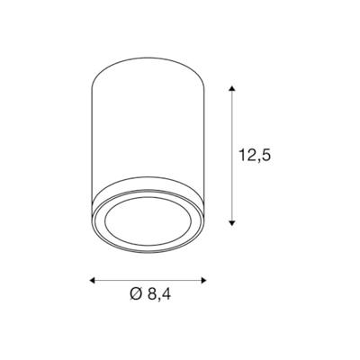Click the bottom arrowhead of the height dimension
(x=234, y=221)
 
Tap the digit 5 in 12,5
(x=266, y=154)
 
